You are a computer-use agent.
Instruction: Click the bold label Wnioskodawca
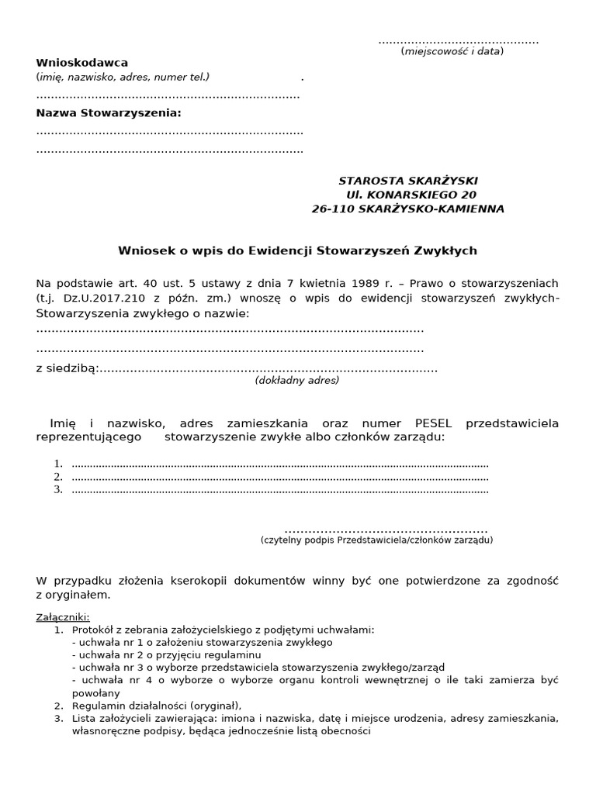click(82, 63)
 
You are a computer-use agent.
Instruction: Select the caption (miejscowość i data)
click(452, 51)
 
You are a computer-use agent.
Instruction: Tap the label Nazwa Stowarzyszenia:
click(109, 113)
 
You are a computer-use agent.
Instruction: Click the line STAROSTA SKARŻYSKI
click(408, 181)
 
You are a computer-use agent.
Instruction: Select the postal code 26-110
click(331, 209)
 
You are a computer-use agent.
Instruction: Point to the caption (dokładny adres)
click(297, 381)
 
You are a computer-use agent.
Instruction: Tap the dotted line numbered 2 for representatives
click(279, 478)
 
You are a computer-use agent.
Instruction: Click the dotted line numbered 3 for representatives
click(279, 490)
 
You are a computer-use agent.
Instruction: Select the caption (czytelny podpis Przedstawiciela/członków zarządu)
click(376, 540)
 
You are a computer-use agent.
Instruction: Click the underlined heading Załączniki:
click(63, 617)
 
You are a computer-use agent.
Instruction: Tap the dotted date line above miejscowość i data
click(458, 40)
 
